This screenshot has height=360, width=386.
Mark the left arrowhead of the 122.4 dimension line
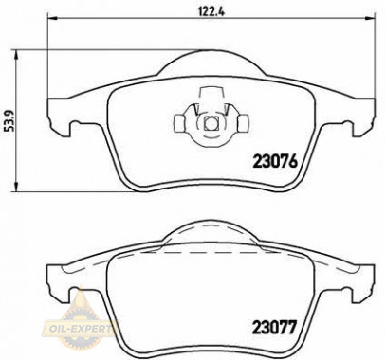52,21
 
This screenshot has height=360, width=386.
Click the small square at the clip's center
209,122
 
